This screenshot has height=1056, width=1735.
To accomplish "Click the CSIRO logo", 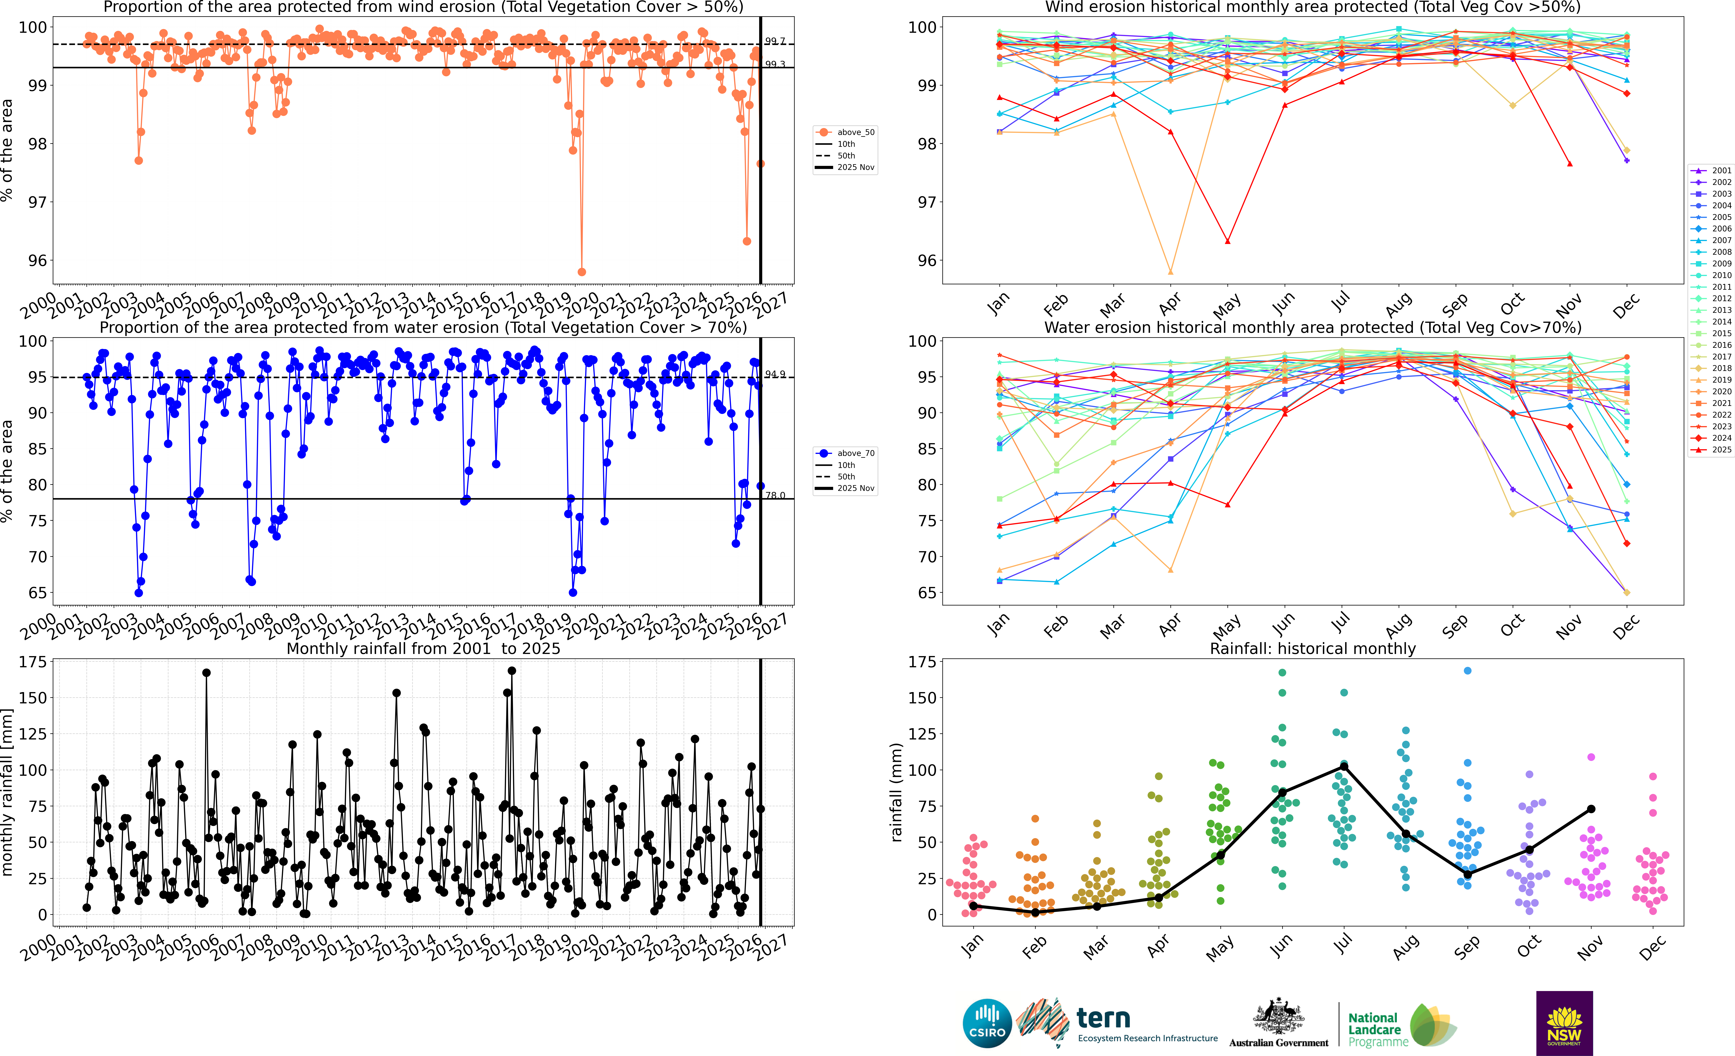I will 987,1023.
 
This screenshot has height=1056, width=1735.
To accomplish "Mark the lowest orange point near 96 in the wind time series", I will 582,272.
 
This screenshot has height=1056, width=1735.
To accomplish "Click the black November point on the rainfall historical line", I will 1591,809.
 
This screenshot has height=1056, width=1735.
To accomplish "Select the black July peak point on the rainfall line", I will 1344,766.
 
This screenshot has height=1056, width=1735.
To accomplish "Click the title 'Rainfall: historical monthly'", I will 1313,648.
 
